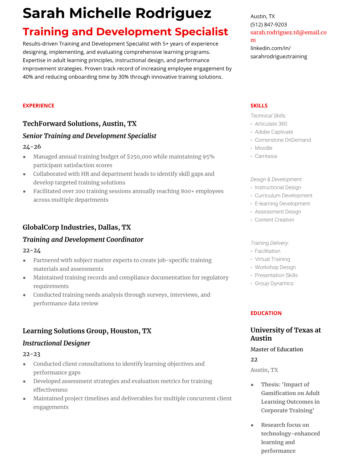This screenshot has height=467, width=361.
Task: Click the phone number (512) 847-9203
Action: pos(268,24)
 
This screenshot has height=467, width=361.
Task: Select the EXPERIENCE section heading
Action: pos(38,106)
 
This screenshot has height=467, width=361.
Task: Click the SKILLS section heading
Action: pos(259,106)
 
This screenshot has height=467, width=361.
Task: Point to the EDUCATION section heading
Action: pos(266,313)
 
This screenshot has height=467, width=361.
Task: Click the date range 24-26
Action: pos(32,147)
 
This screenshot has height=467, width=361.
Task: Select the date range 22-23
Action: pos(31,354)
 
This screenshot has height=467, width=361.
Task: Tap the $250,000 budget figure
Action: pos(139,157)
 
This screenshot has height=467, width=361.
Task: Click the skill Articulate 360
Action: pos(271,124)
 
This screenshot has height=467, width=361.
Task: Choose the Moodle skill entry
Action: pos(263,148)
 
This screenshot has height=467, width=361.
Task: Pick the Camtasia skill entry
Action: pos(266,156)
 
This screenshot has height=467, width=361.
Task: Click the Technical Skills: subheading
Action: pos(268,116)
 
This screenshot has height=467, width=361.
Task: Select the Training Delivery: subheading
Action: pos(270,243)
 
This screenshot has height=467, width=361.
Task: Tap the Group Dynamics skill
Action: pos(274,283)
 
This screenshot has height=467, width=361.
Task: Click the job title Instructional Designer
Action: pos(56,343)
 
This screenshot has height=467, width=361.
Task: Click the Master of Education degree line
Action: pos(277,349)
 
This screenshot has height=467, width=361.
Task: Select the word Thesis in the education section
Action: pos(270,384)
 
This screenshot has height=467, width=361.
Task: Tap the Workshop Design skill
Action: pos(275,267)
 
